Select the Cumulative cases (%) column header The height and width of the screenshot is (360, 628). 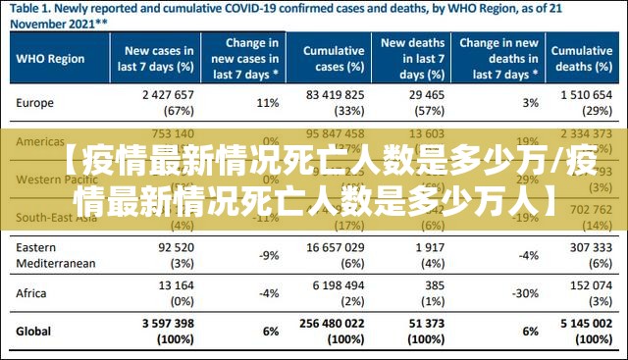[x=334, y=58]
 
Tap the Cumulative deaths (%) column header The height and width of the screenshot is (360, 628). [x=581, y=58]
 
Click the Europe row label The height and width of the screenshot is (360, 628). [x=34, y=102]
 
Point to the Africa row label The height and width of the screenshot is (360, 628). [x=31, y=292]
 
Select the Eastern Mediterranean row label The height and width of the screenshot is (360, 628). [x=56, y=256]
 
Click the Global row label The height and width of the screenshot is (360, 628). [x=33, y=331]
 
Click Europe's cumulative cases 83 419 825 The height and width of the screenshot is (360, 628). [x=335, y=95]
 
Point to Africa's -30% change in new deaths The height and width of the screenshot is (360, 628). [x=527, y=292]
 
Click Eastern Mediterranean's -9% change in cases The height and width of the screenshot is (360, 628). [x=268, y=256]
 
